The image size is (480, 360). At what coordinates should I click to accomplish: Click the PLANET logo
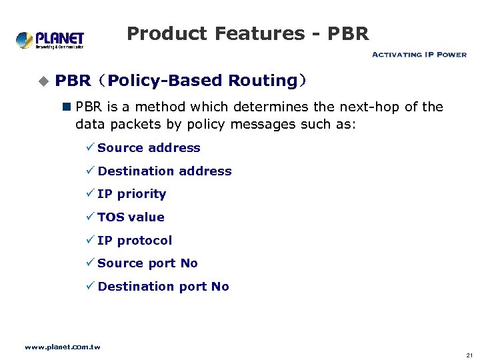pos(50,40)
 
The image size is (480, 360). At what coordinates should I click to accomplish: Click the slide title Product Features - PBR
pos(247,33)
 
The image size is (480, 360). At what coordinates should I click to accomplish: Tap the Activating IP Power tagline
pos(419,55)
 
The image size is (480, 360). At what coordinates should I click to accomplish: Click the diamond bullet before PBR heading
pos(44,81)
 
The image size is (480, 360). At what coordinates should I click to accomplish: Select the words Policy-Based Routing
pos(202,81)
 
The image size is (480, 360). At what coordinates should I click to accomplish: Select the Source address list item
pos(149,148)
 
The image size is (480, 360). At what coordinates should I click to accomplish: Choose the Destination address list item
pos(165,171)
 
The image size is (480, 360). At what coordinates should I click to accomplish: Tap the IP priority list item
pos(131,194)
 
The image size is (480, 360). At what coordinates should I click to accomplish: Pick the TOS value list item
pos(131,217)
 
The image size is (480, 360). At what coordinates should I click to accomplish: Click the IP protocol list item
pos(135,241)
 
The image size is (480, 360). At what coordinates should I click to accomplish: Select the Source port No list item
pos(147,263)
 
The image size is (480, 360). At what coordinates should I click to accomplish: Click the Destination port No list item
pos(163,287)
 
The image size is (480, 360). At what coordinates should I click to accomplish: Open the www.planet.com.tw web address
pos(62,347)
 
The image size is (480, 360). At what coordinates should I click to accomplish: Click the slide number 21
pos(469,355)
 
